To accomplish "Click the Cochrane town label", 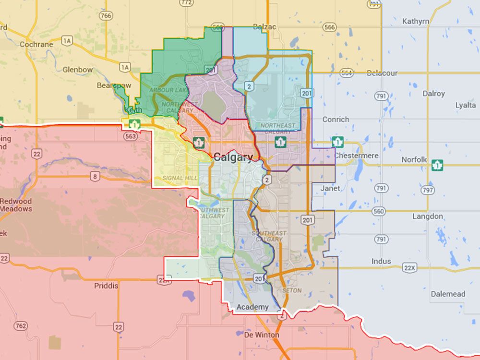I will click(x=36, y=44).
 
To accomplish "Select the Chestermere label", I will click(x=356, y=156).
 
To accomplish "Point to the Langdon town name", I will click(x=428, y=216).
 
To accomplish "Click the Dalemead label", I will click(x=447, y=294).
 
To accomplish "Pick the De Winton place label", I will click(x=262, y=335).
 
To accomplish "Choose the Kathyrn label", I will click(x=416, y=21).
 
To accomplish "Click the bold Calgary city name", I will click(x=233, y=157).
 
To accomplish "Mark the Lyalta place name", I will click(x=466, y=105).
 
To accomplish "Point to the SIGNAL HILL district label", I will click(x=180, y=178).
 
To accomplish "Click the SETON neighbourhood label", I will click(x=292, y=290).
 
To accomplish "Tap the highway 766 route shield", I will click(x=106, y=16).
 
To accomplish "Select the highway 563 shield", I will click(x=130, y=136).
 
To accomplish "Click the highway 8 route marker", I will click(x=95, y=177).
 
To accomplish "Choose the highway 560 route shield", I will click(x=379, y=211).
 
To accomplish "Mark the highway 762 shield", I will click(x=20, y=326).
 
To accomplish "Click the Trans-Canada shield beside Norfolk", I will click(x=437, y=165).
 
